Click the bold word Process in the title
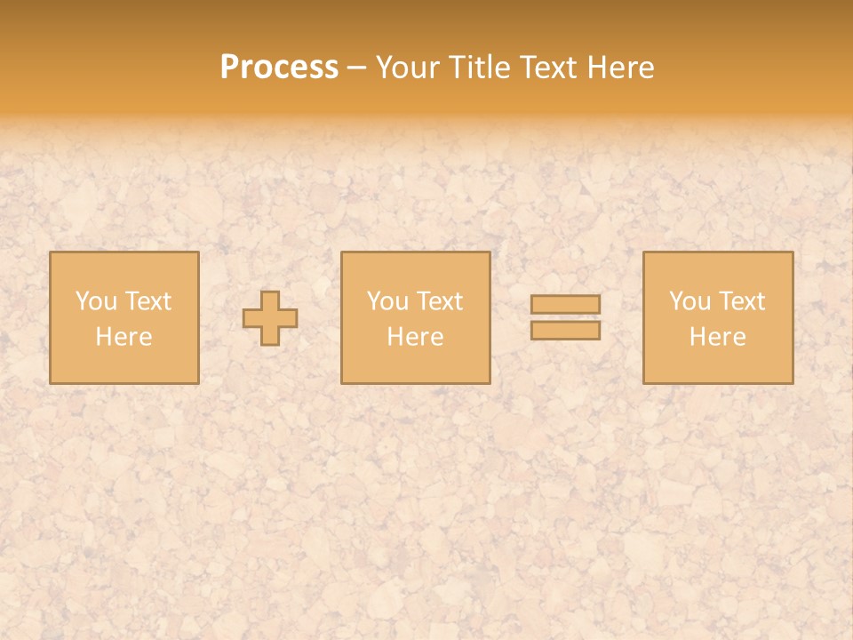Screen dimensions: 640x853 pos(279,68)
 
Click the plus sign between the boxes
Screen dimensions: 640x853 pos(270,317)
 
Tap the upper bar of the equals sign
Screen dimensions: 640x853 pos(565,304)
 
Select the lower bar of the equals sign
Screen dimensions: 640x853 pos(565,330)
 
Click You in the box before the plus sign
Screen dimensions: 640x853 pos(95,301)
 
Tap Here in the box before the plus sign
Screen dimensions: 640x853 pos(124,337)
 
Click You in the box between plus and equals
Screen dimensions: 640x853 pos(387,301)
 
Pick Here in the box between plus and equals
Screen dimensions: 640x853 pos(415,337)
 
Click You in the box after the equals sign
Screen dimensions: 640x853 pos(690,301)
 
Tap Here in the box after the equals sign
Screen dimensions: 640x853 pos(717,337)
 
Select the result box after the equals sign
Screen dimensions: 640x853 pos(718,364)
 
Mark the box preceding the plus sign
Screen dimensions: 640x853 pos(124,364)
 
